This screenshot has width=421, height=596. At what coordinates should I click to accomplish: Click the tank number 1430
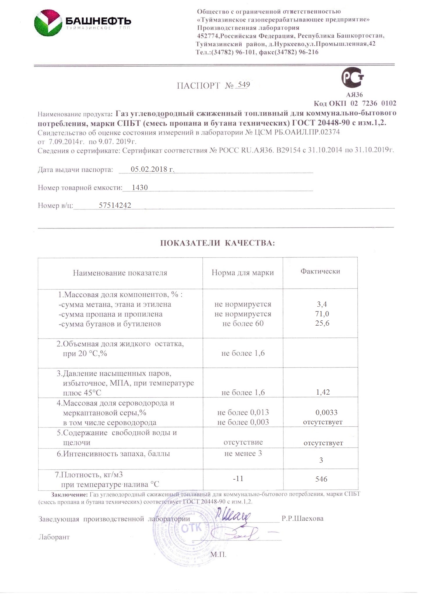pyautogui.click(x=140, y=187)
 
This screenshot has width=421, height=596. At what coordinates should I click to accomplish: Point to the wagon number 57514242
pyautogui.click(x=115, y=205)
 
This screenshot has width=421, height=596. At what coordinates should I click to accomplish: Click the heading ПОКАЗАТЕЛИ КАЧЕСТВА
pyautogui.click(x=218, y=243)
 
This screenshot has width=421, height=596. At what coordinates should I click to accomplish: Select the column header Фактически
pyautogui.click(x=320, y=271)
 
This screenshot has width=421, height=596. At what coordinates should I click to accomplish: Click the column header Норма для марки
pyautogui.click(x=243, y=273)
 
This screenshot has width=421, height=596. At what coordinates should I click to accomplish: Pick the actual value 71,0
pyautogui.click(x=322, y=314)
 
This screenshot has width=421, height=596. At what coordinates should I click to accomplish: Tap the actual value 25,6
pyautogui.click(x=322, y=323)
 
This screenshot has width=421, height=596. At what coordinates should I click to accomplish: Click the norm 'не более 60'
pyautogui.click(x=243, y=323)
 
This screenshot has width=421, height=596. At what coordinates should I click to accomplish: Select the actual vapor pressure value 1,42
pyautogui.click(x=323, y=392)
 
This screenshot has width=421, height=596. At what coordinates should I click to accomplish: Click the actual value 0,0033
pyautogui.click(x=326, y=412)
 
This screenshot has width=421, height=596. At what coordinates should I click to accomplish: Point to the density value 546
pyautogui.click(x=321, y=479)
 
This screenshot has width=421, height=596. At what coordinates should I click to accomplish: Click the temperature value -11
pyautogui.click(x=238, y=478)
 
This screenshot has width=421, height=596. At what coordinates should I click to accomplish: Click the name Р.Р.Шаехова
pyautogui.click(x=302, y=519)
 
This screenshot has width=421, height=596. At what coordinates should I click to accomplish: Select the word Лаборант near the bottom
pyautogui.click(x=54, y=537)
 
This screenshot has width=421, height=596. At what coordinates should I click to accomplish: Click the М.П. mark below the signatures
pyautogui.click(x=218, y=555)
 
